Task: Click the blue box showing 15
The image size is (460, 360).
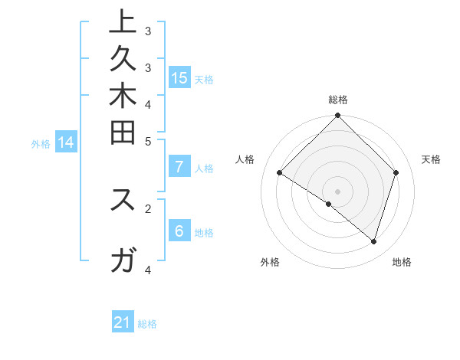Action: click(179, 77)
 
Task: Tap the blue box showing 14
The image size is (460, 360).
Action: click(66, 142)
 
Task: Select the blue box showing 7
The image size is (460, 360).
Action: click(179, 167)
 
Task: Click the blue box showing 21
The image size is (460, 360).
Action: click(123, 322)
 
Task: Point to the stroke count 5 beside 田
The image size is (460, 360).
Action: click(148, 141)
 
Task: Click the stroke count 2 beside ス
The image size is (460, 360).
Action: click(148, 207)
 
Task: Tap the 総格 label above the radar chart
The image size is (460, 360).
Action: click(338, 100)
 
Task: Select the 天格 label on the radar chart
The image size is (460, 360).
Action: click(431, 159)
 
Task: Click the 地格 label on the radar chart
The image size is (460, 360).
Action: click(402, 262)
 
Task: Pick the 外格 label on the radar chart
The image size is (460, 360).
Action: click(270, 262)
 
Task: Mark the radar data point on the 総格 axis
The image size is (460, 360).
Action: click(338, 116)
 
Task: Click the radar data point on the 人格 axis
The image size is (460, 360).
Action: click(280, 173)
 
